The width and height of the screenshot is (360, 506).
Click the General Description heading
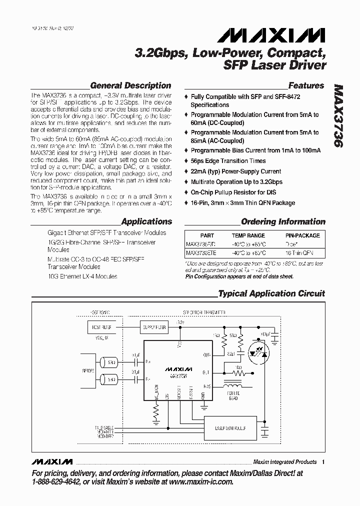[130, 85]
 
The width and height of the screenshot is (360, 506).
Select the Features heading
[306, 85]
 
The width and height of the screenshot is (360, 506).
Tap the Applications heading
[146, 221]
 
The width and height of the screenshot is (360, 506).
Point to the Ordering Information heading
[283, 221]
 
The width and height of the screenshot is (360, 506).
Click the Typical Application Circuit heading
[271, 293]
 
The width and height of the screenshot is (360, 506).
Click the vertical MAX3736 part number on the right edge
[338, 115]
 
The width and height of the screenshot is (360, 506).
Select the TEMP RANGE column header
[248, 235]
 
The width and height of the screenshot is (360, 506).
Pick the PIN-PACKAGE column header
[302, 235]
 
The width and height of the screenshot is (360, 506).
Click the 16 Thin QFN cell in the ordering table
[302, 253]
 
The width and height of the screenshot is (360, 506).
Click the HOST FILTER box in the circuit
[99, 328]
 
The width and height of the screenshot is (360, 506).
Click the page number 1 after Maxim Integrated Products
[323, 462]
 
